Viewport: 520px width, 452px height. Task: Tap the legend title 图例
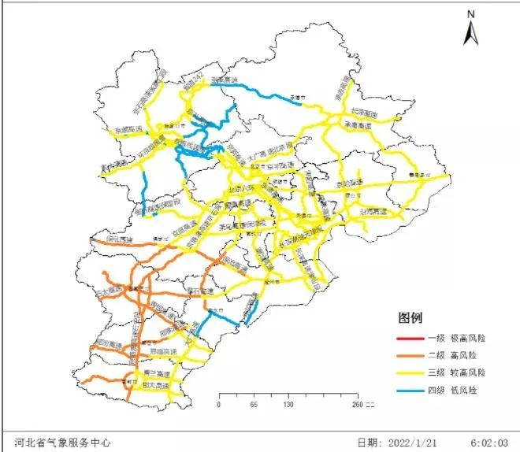[x=410, y=319]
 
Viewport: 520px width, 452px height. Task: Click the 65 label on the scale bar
[x=254, y=405]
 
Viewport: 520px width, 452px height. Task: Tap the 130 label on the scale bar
[x=288, y=405]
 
